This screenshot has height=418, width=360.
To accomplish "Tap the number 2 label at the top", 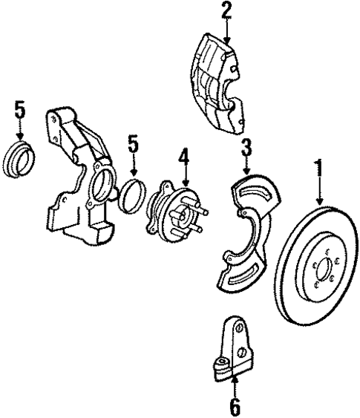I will click(x=226, y=10).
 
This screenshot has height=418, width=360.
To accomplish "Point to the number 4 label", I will click(x=183, y=157).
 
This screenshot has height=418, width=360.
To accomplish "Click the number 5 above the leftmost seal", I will click(x=20, y=110).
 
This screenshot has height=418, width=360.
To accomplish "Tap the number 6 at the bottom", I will click(x=235, y=405).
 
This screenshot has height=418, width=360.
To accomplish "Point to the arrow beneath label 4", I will click(x=183, y=177).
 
